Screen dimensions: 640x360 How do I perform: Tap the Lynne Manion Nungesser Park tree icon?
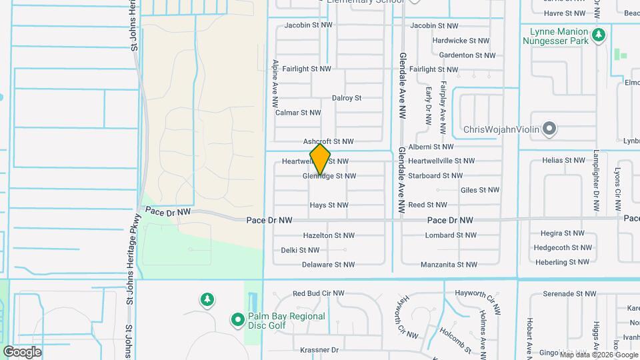click(599, 34)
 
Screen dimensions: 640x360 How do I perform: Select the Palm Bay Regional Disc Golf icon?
click(237, 321)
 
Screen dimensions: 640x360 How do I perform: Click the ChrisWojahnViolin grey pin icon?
click(549, 128)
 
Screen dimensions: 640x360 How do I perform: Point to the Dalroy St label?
click(347, 98)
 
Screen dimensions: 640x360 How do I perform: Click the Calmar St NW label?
click(298, 113)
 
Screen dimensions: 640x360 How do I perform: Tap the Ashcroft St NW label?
click(328, 141)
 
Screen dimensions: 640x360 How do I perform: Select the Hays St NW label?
click(329, 205)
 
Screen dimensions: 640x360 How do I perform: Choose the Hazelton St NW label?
click(329, 235)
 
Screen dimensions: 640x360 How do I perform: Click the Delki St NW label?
click(300, 250)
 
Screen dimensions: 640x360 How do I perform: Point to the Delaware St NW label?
click(329, 265)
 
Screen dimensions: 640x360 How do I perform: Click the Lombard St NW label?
click(451, 235)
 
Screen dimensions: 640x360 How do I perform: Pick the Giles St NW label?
click(480, 190)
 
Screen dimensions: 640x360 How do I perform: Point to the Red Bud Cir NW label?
click(318, 293)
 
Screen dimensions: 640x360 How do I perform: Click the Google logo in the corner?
click(22, 351)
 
